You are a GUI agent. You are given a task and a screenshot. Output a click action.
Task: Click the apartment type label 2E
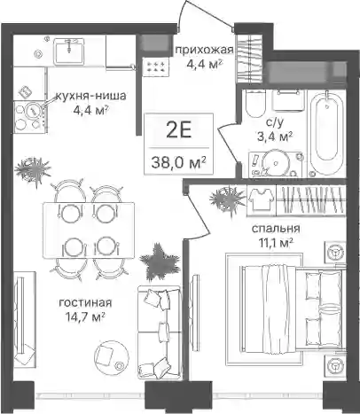pos(178,130)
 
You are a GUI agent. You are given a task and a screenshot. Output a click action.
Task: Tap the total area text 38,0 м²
pos(178,162)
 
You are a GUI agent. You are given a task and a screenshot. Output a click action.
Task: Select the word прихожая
pos(204,51)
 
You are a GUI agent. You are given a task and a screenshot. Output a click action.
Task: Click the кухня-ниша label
pos(90,96)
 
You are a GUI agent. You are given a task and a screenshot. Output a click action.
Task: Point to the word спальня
pos(276,229)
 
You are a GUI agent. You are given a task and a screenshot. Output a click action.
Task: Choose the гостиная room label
pos(85,302)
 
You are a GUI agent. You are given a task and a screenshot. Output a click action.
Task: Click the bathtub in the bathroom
pos(327,133)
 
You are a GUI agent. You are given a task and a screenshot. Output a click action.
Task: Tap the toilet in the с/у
pos(255,104)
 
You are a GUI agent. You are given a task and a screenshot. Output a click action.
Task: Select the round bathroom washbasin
pos(276,163)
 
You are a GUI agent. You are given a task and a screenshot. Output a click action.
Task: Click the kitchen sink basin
pos(69,51)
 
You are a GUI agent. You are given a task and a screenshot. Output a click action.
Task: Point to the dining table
pos(89,230)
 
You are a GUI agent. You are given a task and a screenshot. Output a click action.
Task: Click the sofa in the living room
pos(159,332)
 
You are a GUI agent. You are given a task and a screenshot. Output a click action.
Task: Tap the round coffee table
pos(112,357)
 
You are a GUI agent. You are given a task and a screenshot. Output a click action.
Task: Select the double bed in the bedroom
pos(291,308)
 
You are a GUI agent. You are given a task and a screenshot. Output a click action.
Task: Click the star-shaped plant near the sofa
pos(160,262)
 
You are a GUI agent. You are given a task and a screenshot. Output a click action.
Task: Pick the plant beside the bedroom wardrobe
pos(227,199)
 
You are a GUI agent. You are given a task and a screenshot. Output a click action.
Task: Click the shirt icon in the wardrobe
pos(261,199)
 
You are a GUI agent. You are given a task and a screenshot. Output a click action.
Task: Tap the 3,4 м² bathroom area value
pos(275,137)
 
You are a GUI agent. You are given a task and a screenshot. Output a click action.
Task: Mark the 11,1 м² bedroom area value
pos(276,243)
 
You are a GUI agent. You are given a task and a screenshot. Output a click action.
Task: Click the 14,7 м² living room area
pos(85,317)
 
